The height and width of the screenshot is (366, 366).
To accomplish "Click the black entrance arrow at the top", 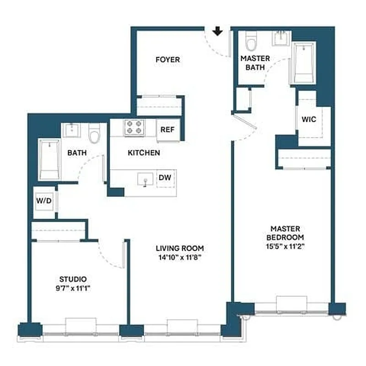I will [x=218, y=31].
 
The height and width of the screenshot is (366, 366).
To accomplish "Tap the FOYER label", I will [x=167, y=59].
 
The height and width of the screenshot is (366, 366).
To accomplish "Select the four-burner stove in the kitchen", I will [x=133, y=127].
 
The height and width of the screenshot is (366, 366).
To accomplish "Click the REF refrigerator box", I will [x=167, y=129].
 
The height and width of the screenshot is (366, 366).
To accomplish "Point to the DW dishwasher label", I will [x=164, y=178].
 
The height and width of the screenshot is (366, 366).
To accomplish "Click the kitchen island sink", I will [x=145, y=179].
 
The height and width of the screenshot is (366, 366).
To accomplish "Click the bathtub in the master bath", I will [x=304, y=63].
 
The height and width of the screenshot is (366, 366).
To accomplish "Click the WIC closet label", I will [x=309, y=119].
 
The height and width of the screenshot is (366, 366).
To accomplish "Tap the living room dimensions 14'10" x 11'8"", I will [x=179, y=257].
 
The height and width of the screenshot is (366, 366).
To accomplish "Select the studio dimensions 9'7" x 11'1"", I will [x=73, y=288].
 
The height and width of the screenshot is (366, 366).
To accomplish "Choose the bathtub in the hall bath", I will [x=49, y=160].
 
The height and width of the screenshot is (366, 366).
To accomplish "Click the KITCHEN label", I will [x=144, y=153].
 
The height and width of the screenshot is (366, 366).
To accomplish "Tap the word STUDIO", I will [x=73, y=279].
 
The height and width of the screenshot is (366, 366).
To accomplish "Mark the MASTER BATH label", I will [x=255, y=63].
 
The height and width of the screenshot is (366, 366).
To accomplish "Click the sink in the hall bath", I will [x=72, y=129].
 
